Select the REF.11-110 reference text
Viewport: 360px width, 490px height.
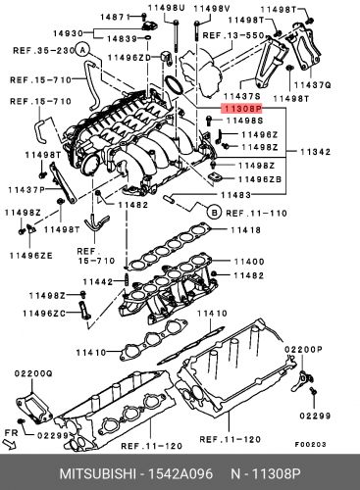coord(255,212)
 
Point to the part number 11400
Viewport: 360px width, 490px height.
coord(247,262)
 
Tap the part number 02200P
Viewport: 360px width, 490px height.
coord(303,349)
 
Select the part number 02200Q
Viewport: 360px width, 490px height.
coord(33,373)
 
